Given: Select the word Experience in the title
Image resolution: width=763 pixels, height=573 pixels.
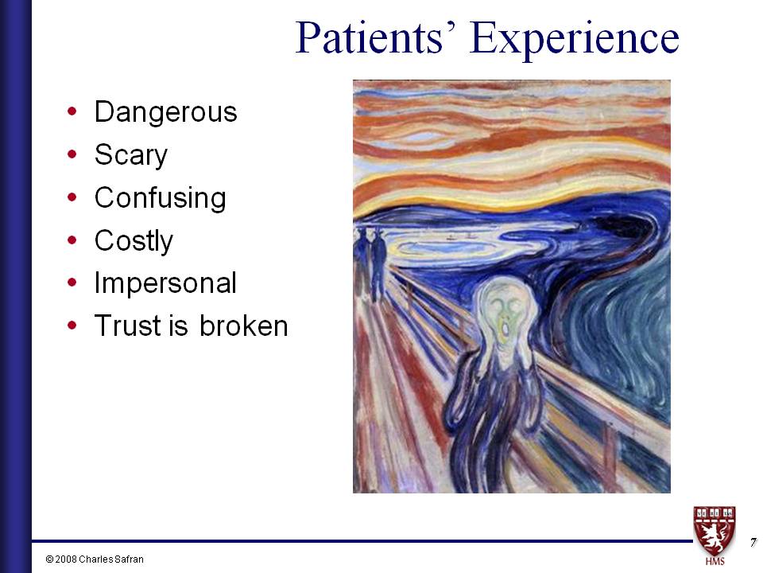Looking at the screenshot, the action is coord(575,41).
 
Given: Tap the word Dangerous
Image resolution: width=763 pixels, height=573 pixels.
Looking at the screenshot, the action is coord(166,112).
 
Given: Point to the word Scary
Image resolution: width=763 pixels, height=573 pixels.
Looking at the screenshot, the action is coord(131,155).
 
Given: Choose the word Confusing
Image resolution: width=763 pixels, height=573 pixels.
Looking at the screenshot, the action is coord(160,198).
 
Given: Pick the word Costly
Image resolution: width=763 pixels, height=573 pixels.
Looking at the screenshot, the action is coord(134,240).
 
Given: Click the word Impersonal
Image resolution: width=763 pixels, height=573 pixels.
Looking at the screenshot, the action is coord(165,283).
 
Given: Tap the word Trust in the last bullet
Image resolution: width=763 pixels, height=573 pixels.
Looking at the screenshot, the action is coord(129,325).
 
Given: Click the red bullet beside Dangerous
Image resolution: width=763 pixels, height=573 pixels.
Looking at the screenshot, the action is coord(72,111).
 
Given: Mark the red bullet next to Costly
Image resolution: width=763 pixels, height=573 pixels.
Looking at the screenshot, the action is coord(72,240).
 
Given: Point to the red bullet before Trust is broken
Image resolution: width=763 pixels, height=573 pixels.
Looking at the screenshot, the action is coord(72,325).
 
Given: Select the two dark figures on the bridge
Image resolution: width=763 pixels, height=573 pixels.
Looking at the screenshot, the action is coord(371,263).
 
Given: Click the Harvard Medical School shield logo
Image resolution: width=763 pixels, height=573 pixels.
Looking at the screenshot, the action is coord(715,531).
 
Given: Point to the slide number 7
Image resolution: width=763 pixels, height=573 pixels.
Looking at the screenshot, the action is coord(753,542).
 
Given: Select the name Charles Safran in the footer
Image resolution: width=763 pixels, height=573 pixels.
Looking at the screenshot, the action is coord(111,559).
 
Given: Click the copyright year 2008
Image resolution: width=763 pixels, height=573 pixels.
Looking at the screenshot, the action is coord(66,559).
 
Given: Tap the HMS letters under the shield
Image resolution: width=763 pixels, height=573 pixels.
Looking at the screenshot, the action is coord(715,561).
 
